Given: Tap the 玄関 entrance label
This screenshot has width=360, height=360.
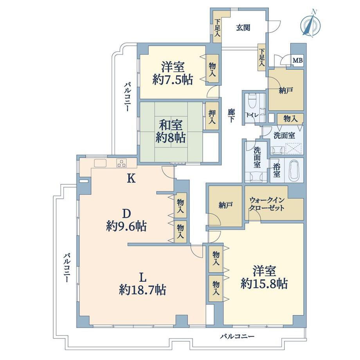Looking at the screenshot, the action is pos(243,28).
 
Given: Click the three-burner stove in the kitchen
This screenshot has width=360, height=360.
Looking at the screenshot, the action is pos(121,163).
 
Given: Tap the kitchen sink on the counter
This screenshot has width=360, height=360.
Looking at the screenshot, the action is pos(100,163).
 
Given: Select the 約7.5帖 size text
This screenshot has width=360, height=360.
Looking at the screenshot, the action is pos(173,80).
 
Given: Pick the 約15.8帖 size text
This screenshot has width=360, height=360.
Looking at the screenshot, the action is pos(264,284).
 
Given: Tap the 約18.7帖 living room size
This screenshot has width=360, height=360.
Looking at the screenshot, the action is pos(142,290).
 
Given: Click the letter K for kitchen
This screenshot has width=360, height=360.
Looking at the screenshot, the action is pos(131,178).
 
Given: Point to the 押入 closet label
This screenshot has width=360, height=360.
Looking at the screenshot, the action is pos(212,117).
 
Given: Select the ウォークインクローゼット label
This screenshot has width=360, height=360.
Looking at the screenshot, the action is pos(267,204).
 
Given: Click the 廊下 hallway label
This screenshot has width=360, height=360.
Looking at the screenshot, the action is pos(231,115).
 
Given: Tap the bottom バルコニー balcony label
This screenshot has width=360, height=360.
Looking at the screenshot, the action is pos(238,337).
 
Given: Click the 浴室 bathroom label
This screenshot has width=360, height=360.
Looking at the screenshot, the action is pos(277,171).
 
